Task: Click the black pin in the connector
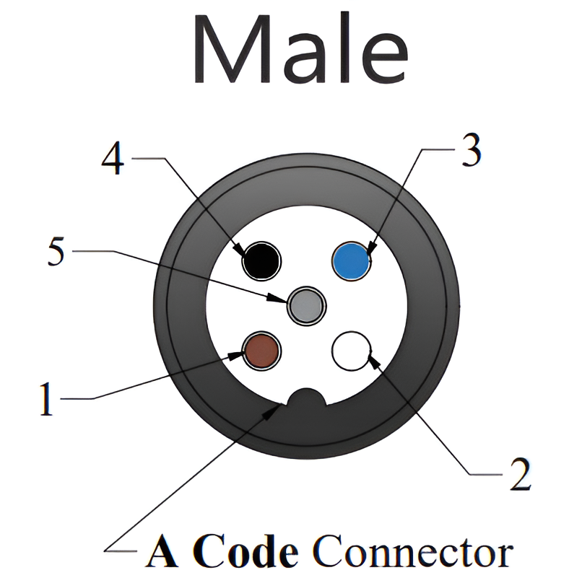click(x=261, y=260)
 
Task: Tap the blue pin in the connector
click(x=352, y=260)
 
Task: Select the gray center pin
click(x=306, y=305)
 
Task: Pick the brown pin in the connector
click(x=261, y=351)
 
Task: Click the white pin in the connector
click(x=350, y=351)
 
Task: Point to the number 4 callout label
click(x=113, y=159)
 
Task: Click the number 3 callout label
click(x=471, y=151)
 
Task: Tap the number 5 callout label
click(x=57, y=253)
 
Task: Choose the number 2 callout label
click(x=517, y=473)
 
